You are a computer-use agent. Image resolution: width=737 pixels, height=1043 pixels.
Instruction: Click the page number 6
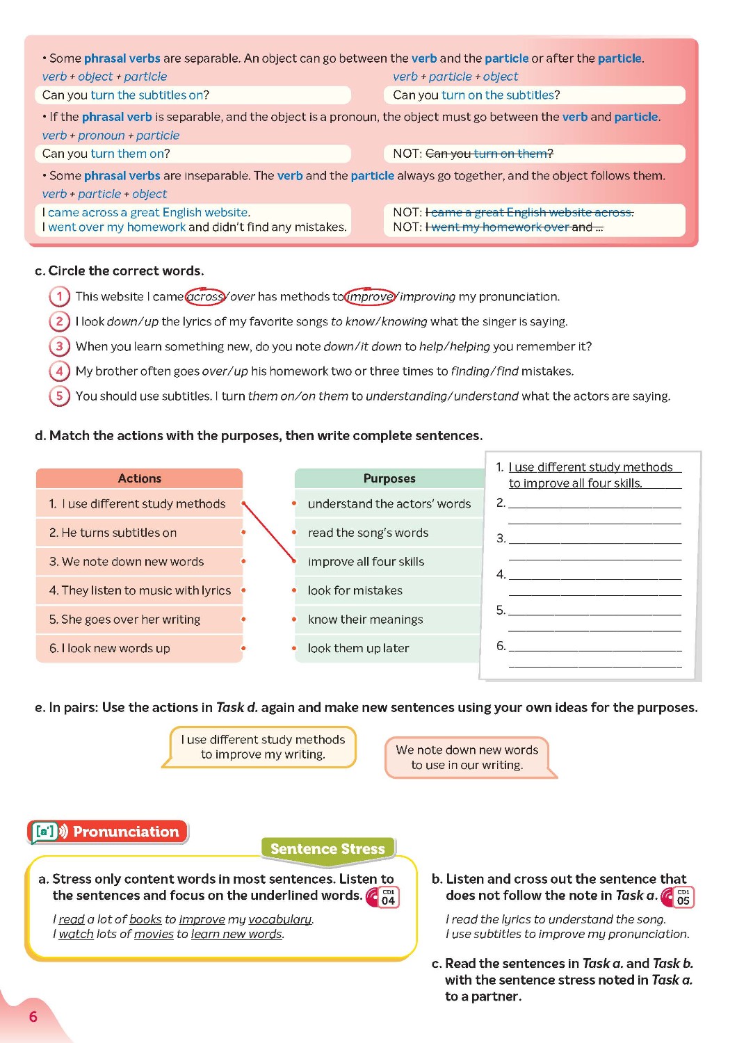(33, 1017)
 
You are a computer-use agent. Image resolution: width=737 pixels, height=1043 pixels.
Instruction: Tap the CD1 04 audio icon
(383, 897)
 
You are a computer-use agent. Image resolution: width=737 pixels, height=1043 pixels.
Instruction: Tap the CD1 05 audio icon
(679, 897)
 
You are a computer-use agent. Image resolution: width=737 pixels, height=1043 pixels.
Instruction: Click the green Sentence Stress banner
(327, 849)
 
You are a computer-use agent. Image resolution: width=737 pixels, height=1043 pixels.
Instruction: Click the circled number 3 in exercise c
(59, 346)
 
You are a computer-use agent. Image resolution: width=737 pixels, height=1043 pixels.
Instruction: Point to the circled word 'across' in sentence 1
(205, 297)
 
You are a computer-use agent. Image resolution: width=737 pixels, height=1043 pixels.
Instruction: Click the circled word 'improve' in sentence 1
(370, 297)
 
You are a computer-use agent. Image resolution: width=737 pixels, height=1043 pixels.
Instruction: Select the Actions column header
(139, 478)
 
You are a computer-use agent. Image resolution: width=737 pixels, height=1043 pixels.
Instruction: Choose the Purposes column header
(389, 478)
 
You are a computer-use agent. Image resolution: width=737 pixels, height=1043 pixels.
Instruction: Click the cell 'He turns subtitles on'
(139, 533)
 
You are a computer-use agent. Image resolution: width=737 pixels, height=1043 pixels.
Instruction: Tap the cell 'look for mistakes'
(355, 590)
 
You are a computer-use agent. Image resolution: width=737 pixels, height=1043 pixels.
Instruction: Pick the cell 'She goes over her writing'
(139, 620)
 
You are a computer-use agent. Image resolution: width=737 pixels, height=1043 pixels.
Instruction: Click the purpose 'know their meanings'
(366, 620)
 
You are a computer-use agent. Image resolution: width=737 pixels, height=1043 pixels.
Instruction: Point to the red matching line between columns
(270, 532)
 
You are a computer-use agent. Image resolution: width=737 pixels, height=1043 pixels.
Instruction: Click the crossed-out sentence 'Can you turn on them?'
(489, 154)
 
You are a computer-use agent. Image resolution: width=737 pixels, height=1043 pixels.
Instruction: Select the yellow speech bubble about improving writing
(262, 747)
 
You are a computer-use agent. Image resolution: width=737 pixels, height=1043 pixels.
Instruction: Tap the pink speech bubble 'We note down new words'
(467, 757)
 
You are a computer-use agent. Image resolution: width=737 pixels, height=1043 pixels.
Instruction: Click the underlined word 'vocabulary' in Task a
(280, 919)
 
